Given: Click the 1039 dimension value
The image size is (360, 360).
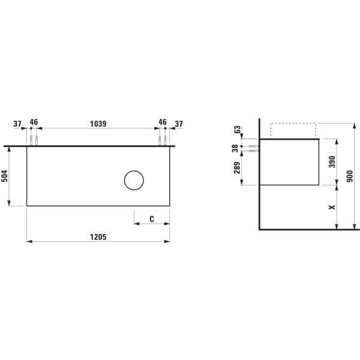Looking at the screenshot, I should (98, 124).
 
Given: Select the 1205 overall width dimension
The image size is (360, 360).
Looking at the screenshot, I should (98, 237).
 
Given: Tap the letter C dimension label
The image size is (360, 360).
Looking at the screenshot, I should (152, 219).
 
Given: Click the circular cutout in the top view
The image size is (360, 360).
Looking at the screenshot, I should (134, 181).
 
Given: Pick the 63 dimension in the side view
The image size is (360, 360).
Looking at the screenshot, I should (237, 130).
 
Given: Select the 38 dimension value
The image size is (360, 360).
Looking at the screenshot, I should (236, 148).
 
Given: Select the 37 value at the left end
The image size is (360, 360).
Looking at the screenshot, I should (17, 124).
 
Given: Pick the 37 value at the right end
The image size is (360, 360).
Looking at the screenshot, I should (178, 124).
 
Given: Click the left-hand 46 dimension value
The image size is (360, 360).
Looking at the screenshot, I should (34, 122).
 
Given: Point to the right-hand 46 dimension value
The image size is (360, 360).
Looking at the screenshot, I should (162, 122).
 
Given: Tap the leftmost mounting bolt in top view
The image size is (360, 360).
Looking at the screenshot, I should (31, 140).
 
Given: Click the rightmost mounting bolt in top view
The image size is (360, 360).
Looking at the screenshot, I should (165, 140).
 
